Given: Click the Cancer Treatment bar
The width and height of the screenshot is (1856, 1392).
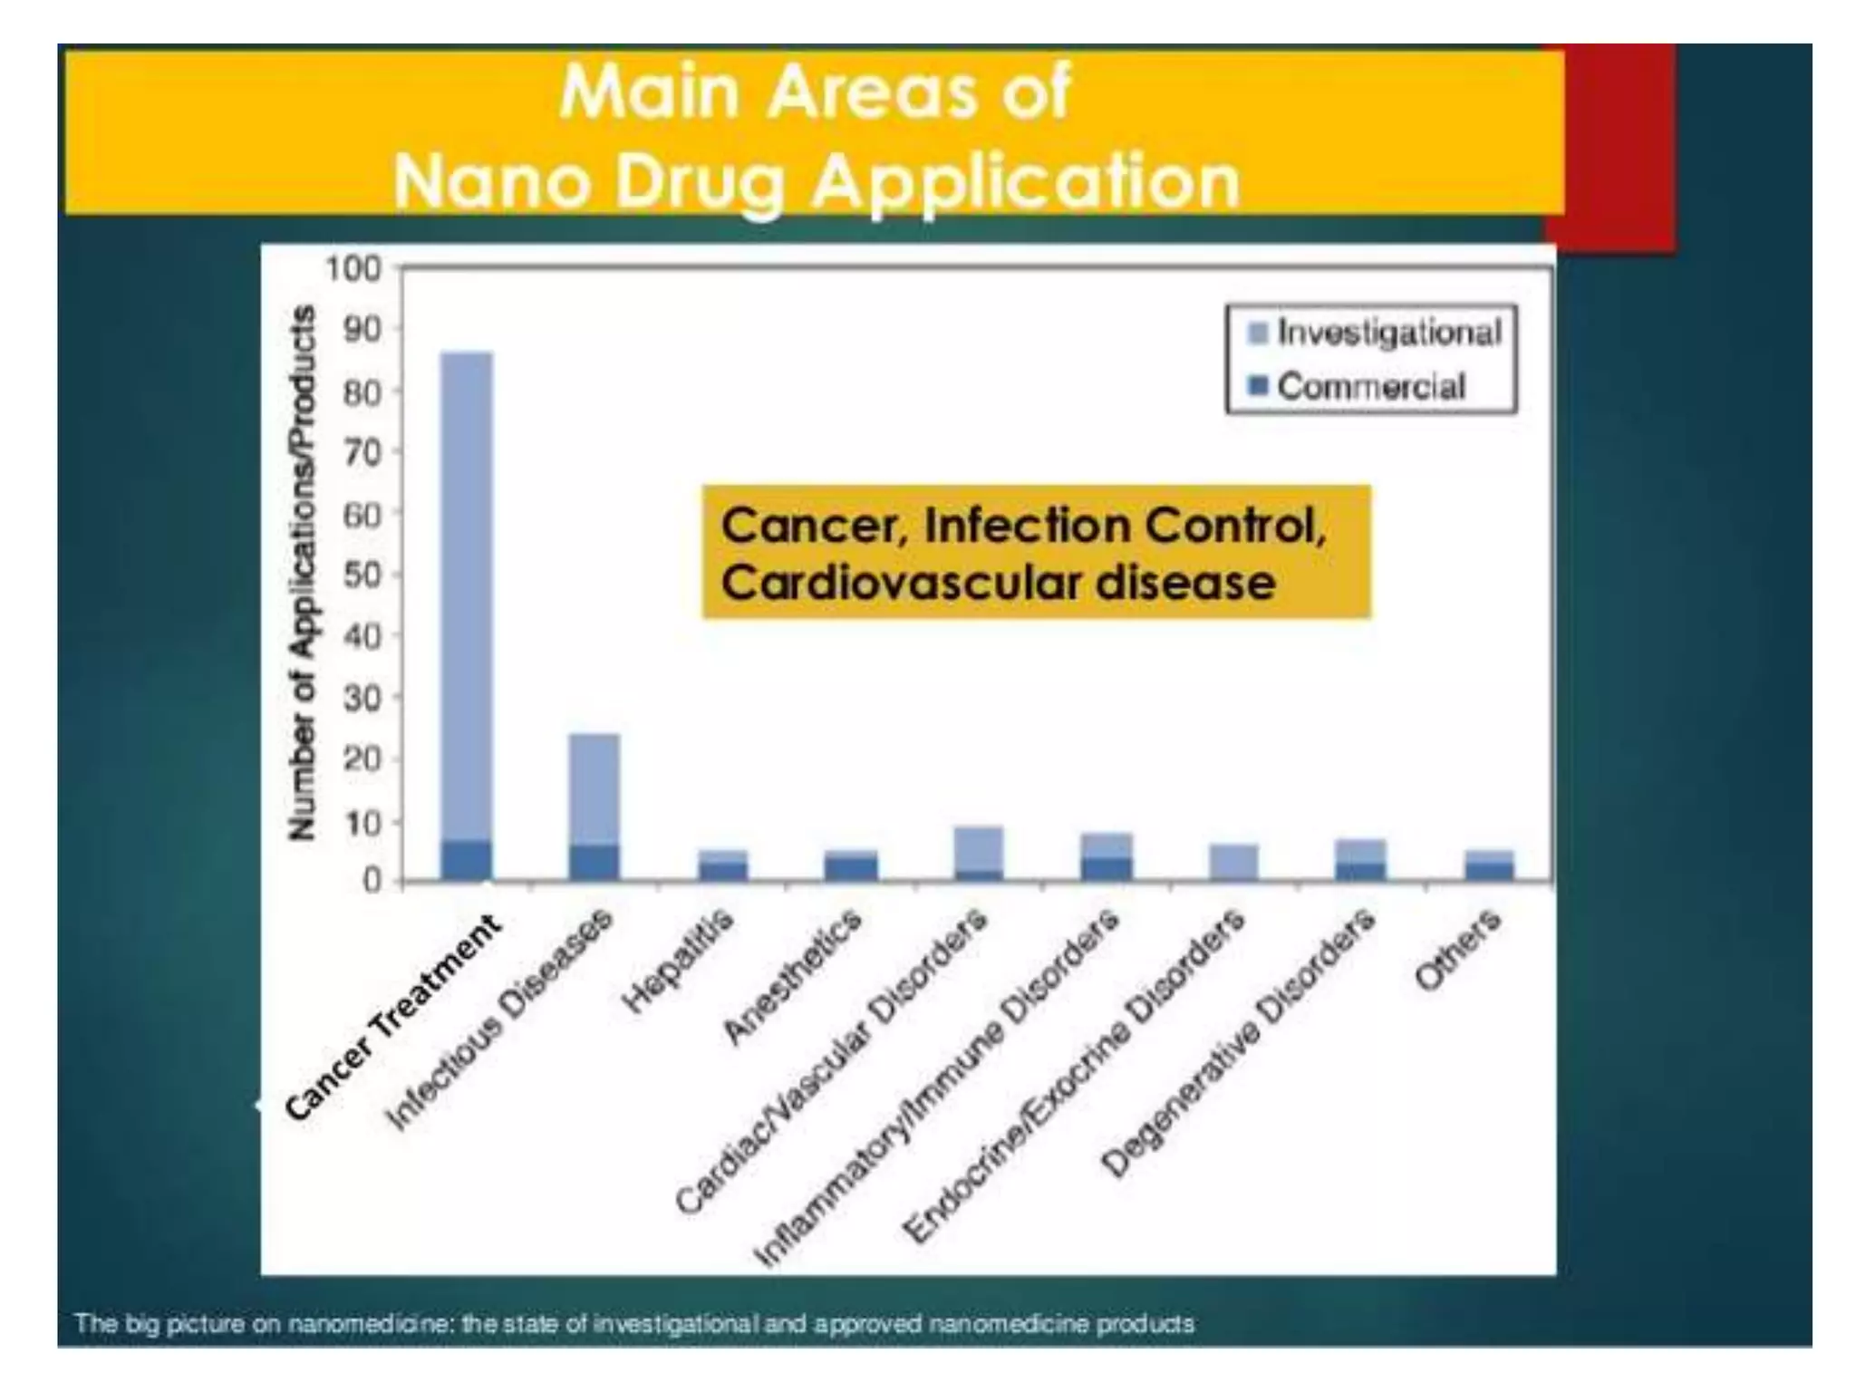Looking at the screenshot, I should coord(467,616).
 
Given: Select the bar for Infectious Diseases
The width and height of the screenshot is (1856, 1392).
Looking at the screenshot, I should coord(594,807).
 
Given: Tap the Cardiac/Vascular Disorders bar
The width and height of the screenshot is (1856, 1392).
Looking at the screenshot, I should coord(979,853).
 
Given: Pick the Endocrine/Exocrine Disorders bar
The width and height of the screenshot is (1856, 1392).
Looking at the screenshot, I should coord(1233,862).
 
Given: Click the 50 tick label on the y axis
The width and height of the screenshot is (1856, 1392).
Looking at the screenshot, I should coord(362,575).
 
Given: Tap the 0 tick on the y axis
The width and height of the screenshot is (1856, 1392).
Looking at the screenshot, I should coord(372,881).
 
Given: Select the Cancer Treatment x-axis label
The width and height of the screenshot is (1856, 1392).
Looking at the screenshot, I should coord(393,1017).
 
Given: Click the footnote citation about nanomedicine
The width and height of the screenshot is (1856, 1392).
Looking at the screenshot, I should coord(634,1324).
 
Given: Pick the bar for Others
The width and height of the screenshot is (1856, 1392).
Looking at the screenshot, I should coord(1489,865).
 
